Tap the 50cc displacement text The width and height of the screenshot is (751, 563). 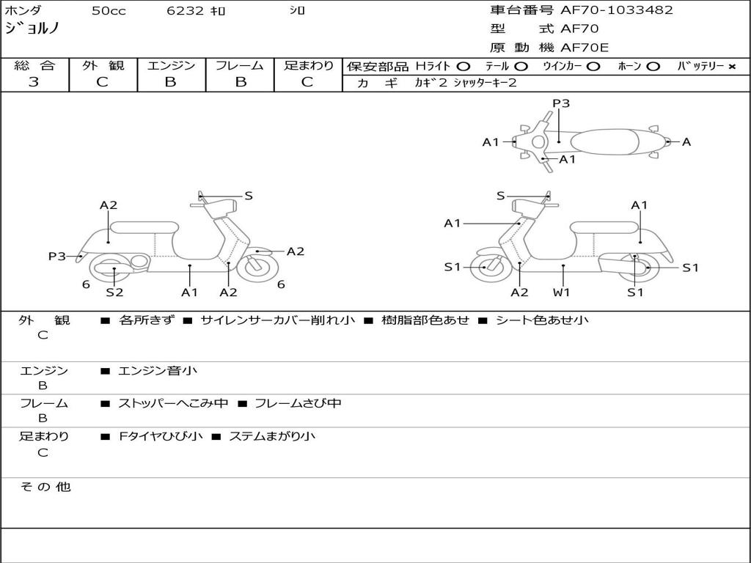[108, 11]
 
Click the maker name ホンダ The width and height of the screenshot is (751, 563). [23, 11]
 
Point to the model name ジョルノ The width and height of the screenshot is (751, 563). [32, 29]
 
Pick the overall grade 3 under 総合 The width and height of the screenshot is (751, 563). [34, 82]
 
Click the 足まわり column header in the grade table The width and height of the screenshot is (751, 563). [308, 66]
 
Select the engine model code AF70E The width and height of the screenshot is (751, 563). [585, 48]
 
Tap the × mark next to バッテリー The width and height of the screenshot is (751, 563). [731, 67]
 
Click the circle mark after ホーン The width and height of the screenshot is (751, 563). [653, 67]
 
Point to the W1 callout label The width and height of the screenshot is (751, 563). [562, 292]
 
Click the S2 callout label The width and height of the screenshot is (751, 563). [114, 292]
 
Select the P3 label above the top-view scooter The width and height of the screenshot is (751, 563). [561, 103]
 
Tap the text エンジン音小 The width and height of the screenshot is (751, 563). [158, 371]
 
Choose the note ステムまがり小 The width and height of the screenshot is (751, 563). [272, 436]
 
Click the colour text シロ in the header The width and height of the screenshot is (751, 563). [297, 11]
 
